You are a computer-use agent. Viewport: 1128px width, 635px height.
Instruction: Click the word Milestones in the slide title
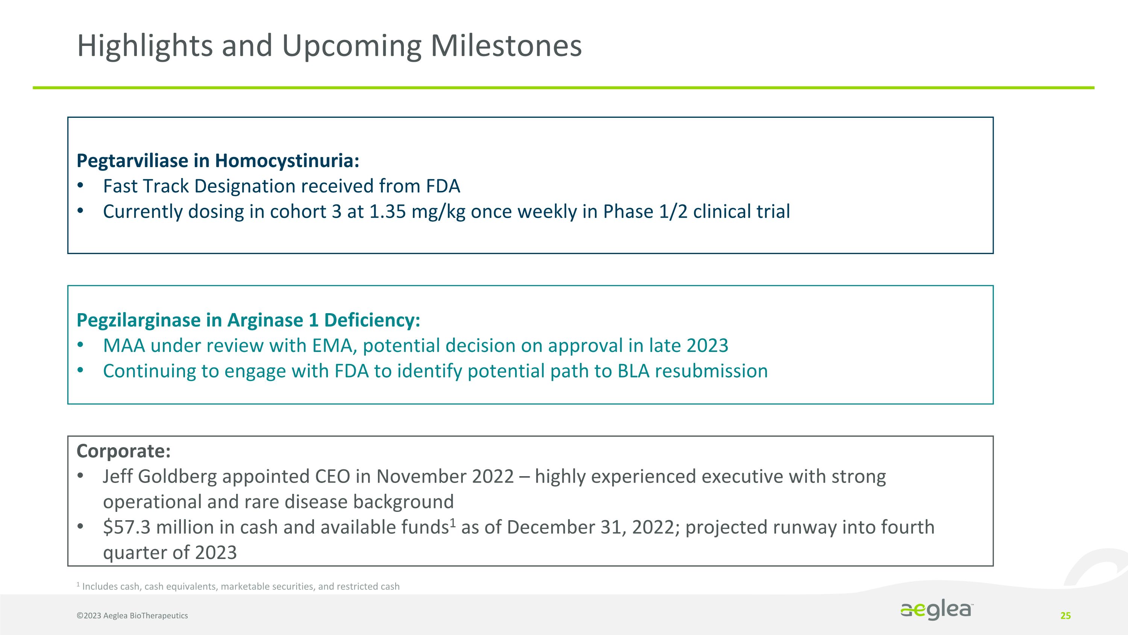pos(506,46)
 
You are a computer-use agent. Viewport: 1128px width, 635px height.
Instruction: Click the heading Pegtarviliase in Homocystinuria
pos(218,161)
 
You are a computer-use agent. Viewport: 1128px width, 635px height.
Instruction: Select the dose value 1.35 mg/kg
pos(417,212)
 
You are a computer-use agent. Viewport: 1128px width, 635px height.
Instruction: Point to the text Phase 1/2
pos(645,212)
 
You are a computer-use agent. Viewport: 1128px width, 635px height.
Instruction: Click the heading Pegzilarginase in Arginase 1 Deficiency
pos(248,320)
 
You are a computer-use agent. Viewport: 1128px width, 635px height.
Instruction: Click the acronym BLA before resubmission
pos(633,371)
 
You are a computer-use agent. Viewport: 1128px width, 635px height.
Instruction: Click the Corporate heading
pos(123,451)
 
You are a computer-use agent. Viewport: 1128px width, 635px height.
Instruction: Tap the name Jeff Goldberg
pos(160,477)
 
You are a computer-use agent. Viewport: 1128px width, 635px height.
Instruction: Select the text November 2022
pos(445,477)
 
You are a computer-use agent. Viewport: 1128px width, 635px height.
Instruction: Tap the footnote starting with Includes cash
pos(240,587)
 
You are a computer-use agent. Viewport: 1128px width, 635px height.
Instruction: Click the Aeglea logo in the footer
pos(937,610)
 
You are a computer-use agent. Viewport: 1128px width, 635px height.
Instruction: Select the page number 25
pos(1065,616)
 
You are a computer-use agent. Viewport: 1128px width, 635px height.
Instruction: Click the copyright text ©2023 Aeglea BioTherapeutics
pos(132,616)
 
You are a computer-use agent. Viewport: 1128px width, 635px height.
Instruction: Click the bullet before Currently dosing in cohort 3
pos(80,211)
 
